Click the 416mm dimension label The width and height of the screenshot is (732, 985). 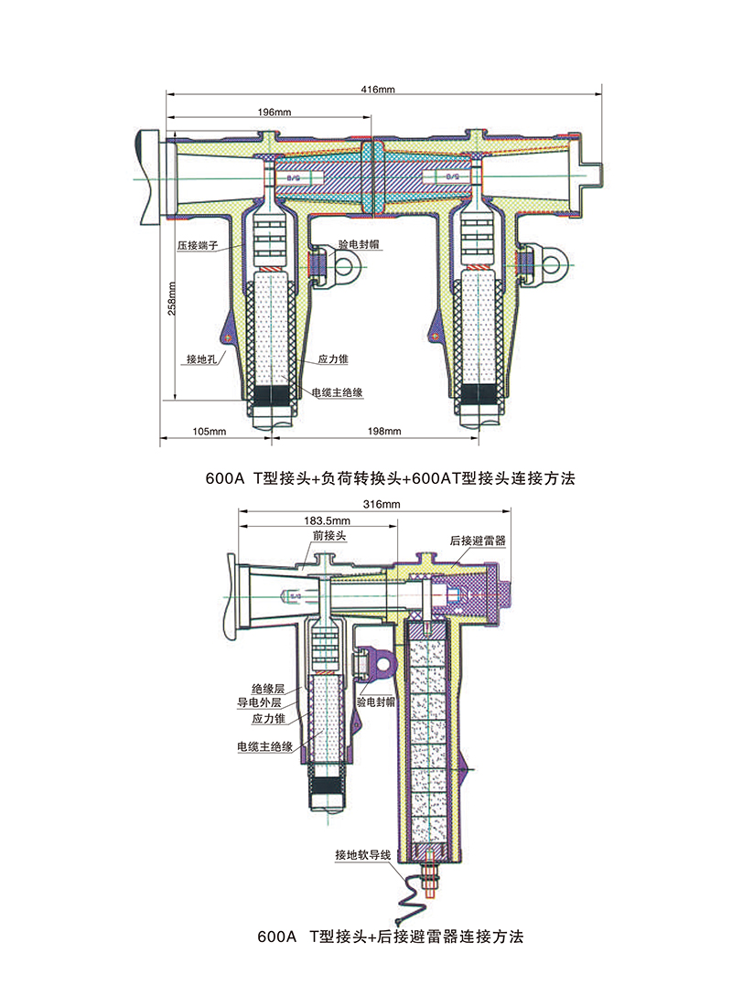point(378,90)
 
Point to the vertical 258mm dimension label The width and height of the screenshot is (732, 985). point(171,297)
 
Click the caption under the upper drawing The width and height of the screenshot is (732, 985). point(391,477)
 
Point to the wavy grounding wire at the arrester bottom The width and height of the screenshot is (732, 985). point(414,892)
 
